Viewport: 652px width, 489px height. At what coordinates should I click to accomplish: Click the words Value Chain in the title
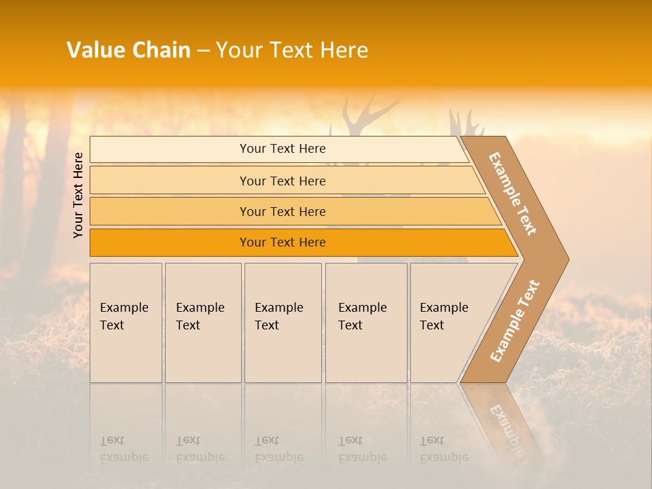[x=128, y=50]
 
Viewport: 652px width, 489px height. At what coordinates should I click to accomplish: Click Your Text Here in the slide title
[x=292, y=50]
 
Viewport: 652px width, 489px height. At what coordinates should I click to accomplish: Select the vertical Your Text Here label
[x=78, y=195]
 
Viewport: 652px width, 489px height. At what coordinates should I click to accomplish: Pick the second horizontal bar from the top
[x=283, y=181]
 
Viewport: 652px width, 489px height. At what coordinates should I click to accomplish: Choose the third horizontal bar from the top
[x=283, y=211]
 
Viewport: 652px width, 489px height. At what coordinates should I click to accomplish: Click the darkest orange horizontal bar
[x=283, y=242]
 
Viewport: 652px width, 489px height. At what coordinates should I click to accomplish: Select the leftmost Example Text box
[x=126, y=323]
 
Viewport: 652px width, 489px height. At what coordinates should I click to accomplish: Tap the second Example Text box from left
[x=202, y=323]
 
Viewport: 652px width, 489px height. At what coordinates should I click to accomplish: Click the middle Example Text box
[x=283, y=323]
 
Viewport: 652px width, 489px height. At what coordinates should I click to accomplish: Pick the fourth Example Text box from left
[x=365, y=323]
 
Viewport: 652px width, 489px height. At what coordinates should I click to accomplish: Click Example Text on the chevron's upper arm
[x=513, y=194]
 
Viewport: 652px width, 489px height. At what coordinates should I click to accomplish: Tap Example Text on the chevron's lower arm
[x=515, y=321]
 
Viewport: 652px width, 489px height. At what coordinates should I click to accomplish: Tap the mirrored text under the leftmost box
[x=124, y=449]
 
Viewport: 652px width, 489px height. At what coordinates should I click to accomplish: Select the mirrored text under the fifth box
[x=444, y=449]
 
